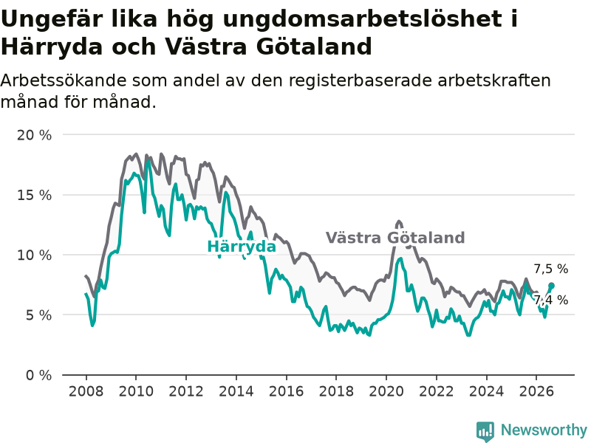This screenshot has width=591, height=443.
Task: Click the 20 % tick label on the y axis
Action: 34,135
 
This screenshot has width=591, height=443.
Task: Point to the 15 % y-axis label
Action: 34,195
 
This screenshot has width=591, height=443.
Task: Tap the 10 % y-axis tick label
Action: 34,255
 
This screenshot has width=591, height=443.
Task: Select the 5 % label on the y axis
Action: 38,315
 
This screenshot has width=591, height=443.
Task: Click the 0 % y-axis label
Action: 38,375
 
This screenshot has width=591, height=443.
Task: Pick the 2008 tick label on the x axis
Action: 86,391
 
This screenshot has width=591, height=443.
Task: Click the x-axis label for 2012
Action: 186,391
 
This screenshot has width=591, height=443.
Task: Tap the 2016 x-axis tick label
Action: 286,391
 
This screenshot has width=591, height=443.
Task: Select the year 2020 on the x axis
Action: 386,391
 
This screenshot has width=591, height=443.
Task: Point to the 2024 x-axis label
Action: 486,391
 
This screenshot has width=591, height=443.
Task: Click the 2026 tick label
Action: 536,391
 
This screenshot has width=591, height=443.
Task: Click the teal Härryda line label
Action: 242,247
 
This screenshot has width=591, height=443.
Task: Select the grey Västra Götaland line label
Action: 395,238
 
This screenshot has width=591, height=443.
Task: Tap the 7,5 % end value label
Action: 550,269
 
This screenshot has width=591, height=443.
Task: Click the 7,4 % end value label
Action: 550,301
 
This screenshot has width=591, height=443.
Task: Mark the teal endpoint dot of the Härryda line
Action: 551,286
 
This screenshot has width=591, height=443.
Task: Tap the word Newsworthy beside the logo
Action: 544,430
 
